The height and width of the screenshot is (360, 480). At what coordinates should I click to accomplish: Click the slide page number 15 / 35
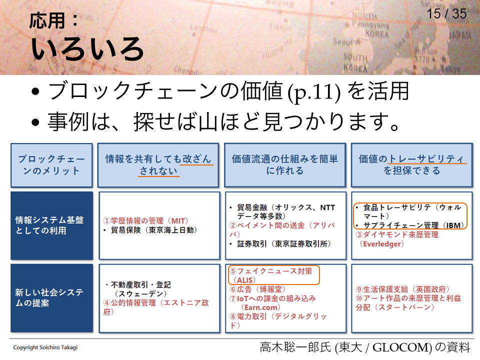[446, 14]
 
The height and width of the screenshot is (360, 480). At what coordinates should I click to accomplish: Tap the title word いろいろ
[87, 48]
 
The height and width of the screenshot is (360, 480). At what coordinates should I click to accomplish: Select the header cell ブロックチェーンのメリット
[51, 165]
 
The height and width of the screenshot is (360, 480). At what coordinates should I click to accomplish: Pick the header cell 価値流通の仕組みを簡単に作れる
[285, 164]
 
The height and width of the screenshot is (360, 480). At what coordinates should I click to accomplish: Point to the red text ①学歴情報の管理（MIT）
[145, 220]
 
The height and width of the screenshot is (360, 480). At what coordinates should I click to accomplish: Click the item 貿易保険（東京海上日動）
[150, 230]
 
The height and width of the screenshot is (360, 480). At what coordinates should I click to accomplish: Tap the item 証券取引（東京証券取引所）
[280, 243]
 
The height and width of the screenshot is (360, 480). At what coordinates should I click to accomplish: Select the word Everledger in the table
[381, 244]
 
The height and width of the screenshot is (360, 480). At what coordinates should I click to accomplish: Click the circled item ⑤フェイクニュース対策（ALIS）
[273, 275]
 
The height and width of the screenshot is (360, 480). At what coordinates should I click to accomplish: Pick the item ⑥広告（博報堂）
[257, 289]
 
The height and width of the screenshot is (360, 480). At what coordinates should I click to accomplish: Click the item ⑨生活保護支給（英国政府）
[402, 289]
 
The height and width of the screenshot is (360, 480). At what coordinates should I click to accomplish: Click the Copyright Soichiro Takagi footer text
[45, 347]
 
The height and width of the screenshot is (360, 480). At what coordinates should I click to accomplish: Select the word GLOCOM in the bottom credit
[400, 347]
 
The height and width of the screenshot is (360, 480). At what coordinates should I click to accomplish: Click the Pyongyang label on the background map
[370, 24]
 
